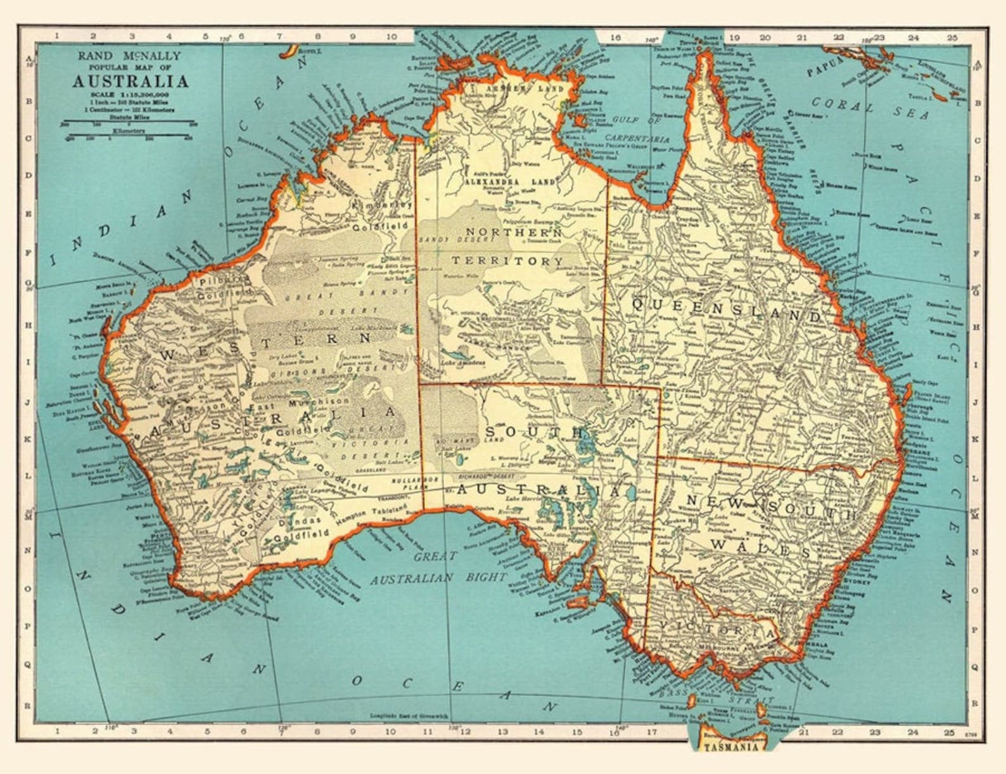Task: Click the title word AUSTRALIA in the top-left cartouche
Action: coord(129,82)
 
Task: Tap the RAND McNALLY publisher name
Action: coord(129,56)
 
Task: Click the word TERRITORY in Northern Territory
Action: coord(507,261)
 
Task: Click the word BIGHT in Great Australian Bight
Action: coord(485,577)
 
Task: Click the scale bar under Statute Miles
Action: coord(129,121)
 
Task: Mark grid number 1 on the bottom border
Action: coord(57,731)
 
